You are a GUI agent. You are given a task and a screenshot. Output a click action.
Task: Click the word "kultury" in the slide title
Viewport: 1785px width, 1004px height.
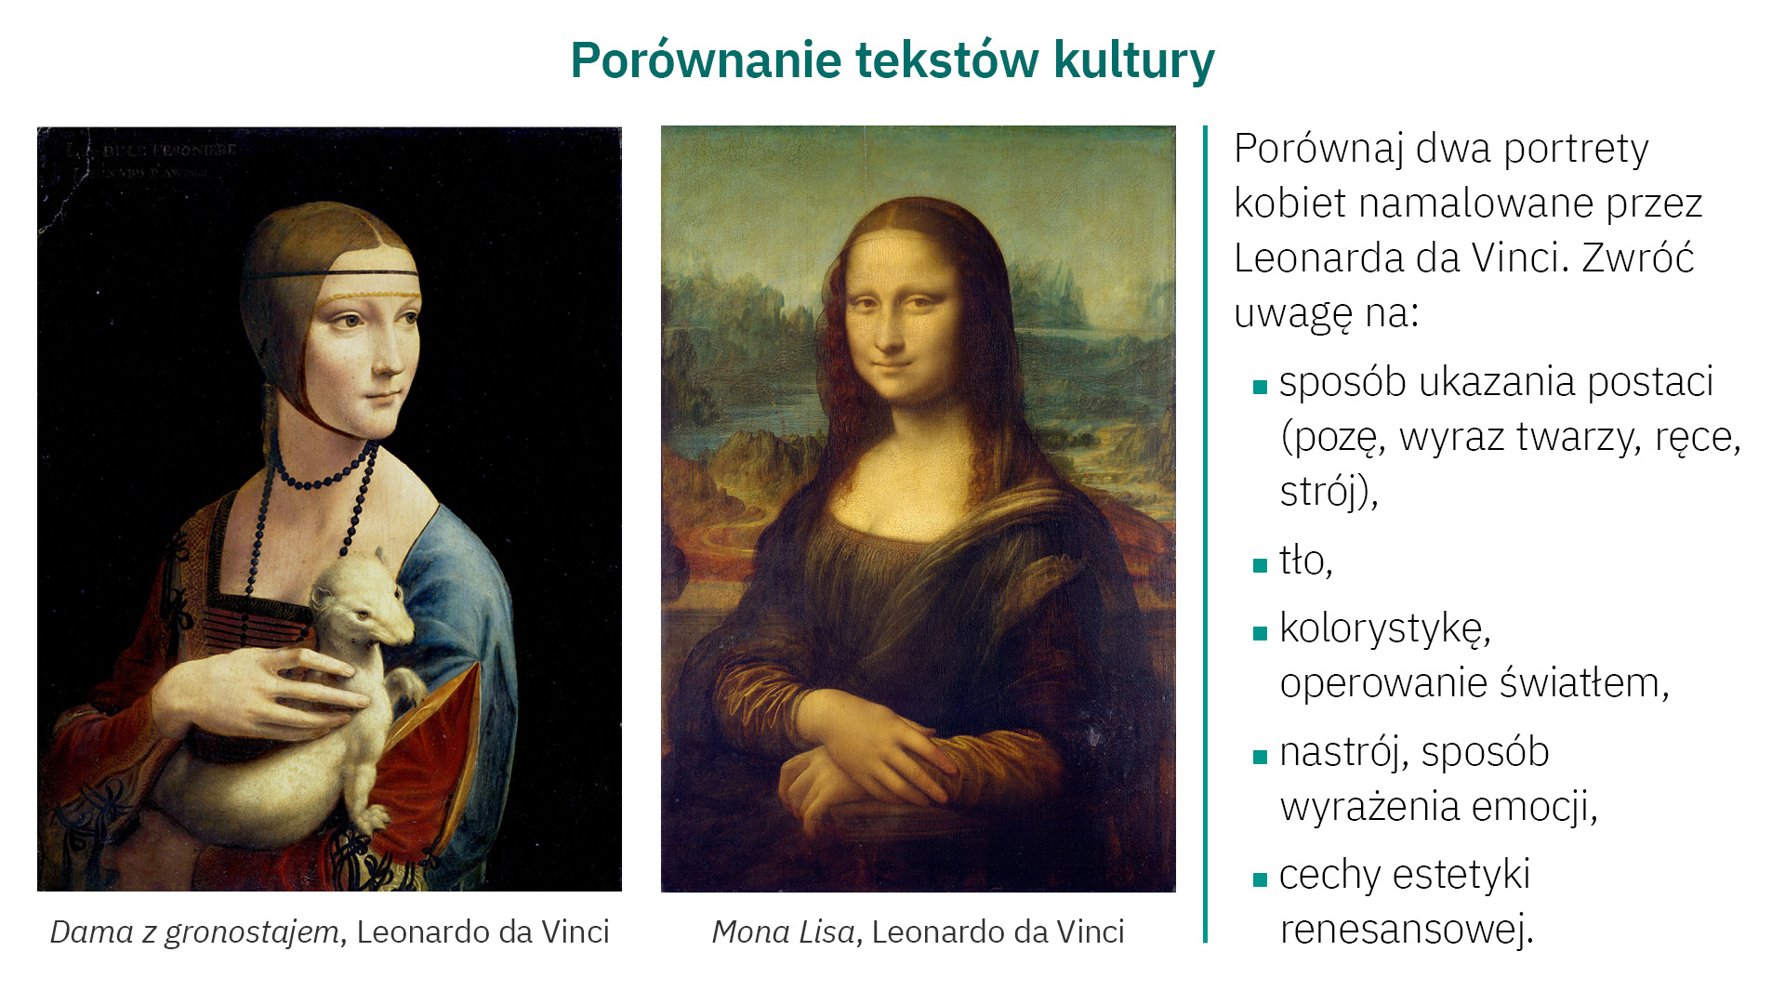point(1134,60)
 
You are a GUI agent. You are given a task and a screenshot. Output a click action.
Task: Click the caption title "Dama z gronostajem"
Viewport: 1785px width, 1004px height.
point(194,932)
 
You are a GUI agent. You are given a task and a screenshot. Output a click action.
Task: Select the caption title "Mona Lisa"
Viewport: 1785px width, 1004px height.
point(783,932)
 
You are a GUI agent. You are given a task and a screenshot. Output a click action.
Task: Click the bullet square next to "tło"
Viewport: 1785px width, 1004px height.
point(1261,565)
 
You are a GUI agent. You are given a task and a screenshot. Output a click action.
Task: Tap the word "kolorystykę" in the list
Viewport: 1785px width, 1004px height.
point(1384,629)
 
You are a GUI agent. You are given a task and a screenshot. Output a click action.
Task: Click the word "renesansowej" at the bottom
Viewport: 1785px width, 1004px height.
point(1406,930)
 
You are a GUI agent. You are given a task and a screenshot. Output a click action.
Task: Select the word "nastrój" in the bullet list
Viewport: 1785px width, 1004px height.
point(1343,753)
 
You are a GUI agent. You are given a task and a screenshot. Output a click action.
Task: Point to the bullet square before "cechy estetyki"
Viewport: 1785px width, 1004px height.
point(1261,879)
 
